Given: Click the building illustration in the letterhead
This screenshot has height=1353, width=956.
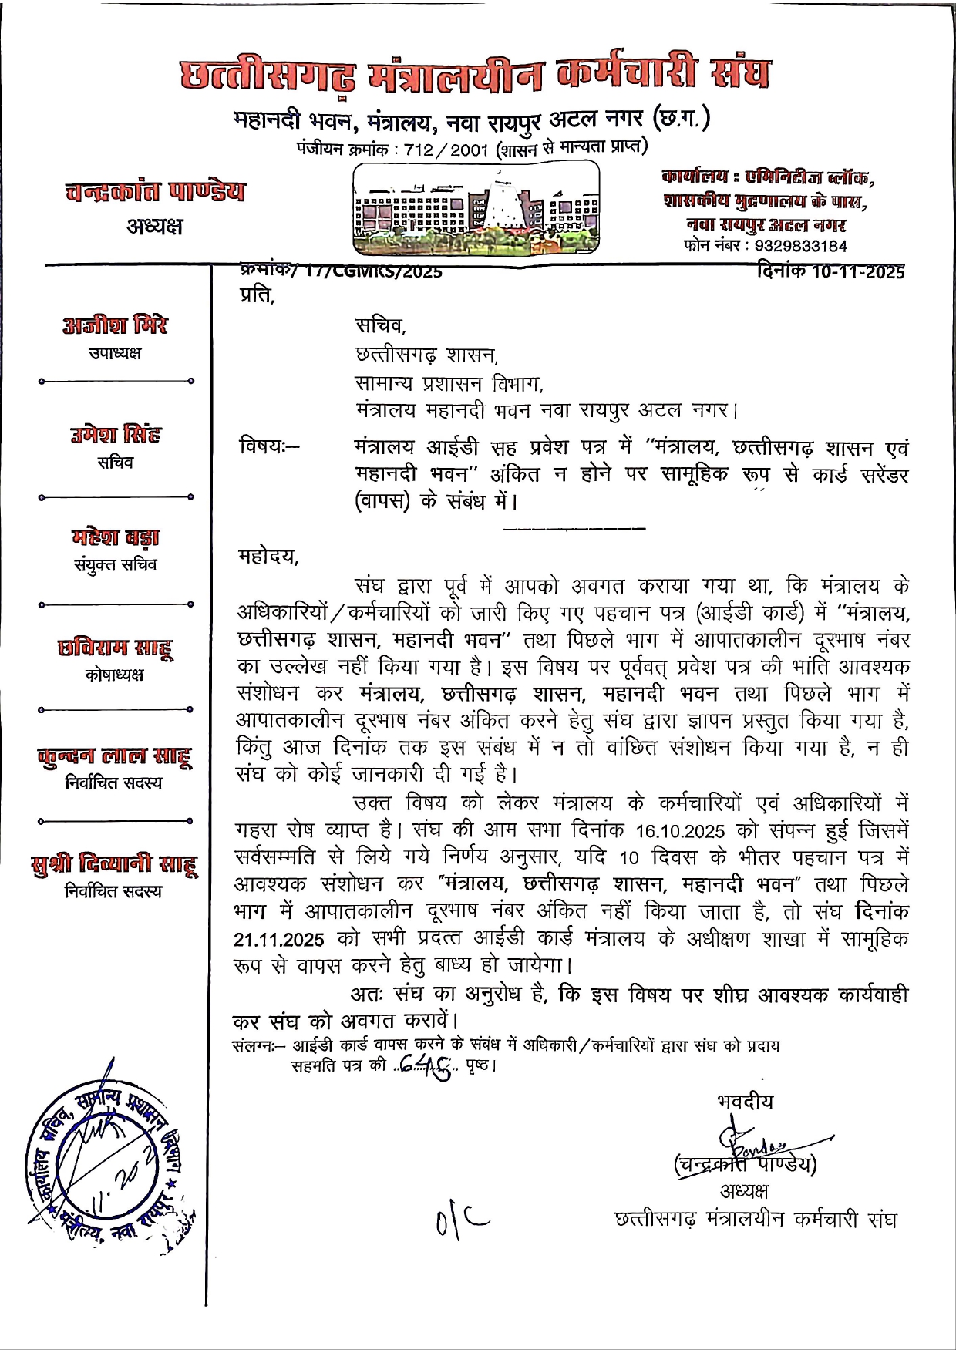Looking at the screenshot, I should [476, 207].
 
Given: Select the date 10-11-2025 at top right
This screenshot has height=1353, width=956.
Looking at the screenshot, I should [857, 271].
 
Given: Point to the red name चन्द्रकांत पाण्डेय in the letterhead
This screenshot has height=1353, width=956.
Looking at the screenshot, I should [156, 191].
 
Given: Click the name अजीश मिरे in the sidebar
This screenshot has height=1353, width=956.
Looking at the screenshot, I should [115, 325].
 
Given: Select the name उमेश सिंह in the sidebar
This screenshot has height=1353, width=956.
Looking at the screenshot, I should [115, 435].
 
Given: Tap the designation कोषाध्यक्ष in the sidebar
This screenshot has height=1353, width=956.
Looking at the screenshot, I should [115, 675].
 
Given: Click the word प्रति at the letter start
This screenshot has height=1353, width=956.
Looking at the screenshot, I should [257, 295].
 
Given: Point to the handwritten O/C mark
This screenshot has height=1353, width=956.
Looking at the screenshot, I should [461, 1220].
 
